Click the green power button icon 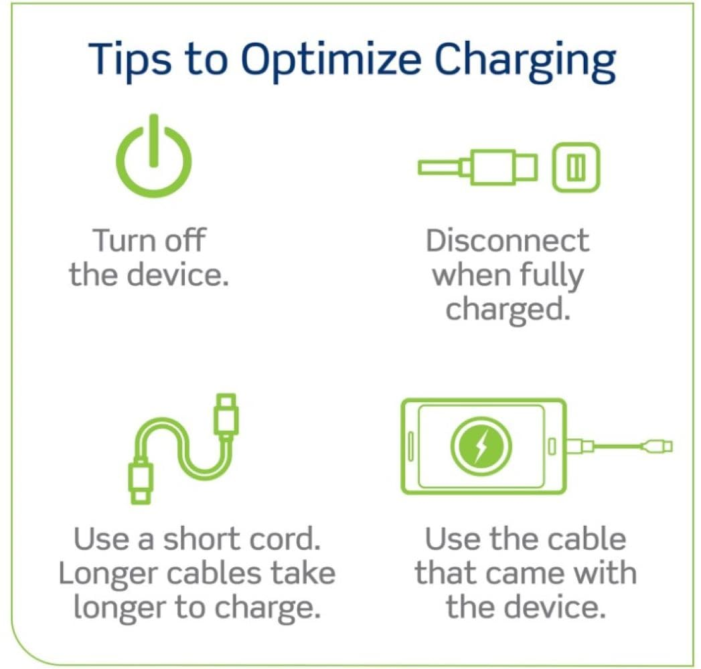[153, 159]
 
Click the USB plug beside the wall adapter [502, 167]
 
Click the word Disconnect [508, 242]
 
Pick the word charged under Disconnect [508, 309]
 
